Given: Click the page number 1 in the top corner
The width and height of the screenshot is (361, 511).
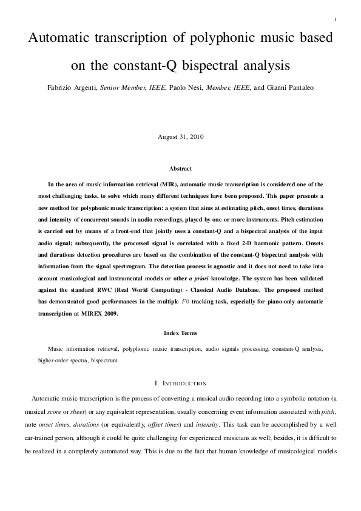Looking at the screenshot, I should click(335, 20).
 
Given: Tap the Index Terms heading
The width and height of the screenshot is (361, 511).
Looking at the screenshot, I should click(180, 333).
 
